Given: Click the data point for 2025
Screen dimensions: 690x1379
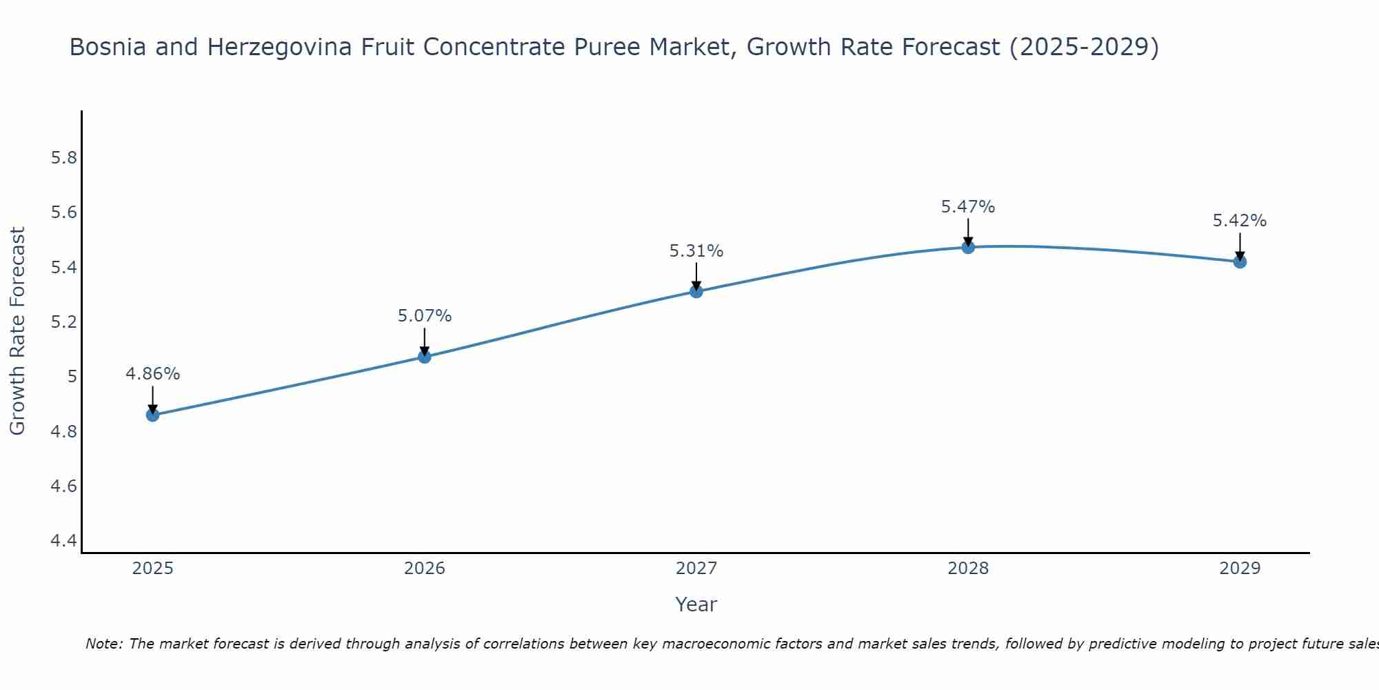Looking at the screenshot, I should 152,415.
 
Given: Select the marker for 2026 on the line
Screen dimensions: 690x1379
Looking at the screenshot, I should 425,357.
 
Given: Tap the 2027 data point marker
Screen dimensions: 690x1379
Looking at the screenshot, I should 696,291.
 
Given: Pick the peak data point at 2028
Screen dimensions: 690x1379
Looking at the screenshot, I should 968,247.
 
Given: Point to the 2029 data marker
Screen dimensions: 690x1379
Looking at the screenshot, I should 1240,262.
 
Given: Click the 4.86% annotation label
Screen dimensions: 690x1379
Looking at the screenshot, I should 152,374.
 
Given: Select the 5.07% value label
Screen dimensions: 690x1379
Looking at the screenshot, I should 425,316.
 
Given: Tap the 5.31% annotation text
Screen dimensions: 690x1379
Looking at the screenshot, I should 696,251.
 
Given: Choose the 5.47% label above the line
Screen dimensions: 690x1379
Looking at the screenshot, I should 968,206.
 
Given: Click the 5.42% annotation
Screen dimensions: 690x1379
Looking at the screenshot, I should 1240,221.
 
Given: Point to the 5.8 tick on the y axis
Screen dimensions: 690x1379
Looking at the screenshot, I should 64,158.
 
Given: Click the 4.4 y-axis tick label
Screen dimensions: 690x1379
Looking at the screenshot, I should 64,541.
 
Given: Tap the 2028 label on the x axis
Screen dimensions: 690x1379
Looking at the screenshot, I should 968,569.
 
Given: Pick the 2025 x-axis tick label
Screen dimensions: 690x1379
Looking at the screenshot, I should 152,569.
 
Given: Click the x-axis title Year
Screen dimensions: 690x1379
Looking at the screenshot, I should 696,604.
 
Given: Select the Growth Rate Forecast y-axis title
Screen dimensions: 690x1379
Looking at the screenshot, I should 17,331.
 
